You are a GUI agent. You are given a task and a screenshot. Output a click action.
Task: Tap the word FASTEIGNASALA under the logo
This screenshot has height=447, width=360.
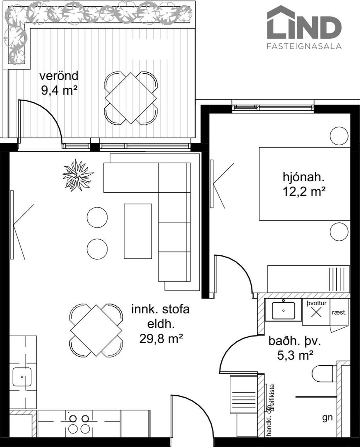[x=304, y=46]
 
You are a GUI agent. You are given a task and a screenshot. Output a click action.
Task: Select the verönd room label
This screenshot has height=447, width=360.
[x=59, y=76]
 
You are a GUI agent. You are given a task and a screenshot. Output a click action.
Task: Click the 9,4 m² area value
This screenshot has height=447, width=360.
[x=59, y=90]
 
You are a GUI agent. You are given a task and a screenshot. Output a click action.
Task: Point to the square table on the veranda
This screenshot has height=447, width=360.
[x=131, y=98]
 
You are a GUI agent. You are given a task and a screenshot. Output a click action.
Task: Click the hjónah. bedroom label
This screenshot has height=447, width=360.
[x=303, y=177]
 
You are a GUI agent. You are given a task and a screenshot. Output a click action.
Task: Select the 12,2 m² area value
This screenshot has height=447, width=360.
[x=303, y=191]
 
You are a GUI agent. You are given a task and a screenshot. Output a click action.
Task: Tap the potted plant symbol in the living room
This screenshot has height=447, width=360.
[x=78, y=175]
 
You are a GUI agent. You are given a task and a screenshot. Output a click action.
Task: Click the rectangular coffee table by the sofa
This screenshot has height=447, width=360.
[x=138, y=231]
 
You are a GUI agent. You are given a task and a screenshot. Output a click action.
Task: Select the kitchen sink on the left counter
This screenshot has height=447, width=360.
[x=22, y=377]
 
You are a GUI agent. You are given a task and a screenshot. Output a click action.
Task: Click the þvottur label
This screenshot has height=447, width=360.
[x=316, y=303]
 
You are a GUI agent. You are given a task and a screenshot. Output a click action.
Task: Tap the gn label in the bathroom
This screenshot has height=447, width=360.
[x=327, y=417]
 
